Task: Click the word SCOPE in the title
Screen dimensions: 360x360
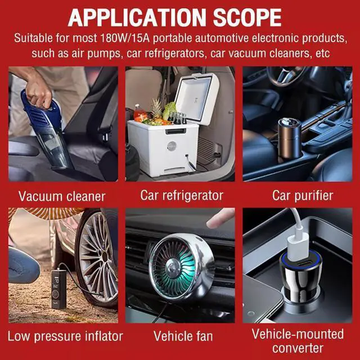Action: (247, 18)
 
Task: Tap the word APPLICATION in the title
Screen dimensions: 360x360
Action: (137, 18)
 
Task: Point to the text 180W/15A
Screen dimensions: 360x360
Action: (125, 38)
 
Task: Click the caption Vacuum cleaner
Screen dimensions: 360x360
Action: (62, 196)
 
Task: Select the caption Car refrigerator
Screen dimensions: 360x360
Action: (182, 196)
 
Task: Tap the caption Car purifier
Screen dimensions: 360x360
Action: (303, 196)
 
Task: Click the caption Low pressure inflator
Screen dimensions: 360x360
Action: (65, 336)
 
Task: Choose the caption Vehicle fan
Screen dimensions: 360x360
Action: (183, 336)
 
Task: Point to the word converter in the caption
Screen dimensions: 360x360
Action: (298, 348)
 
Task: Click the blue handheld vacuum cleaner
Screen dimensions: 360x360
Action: (47, 129)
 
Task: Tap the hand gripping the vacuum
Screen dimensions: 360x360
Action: (38, 93)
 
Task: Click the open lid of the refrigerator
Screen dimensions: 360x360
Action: (197, 97)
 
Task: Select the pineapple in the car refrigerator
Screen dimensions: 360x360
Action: (157, 109)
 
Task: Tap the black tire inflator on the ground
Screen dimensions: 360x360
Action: (58, 289)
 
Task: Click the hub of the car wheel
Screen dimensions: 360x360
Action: (105, 256)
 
